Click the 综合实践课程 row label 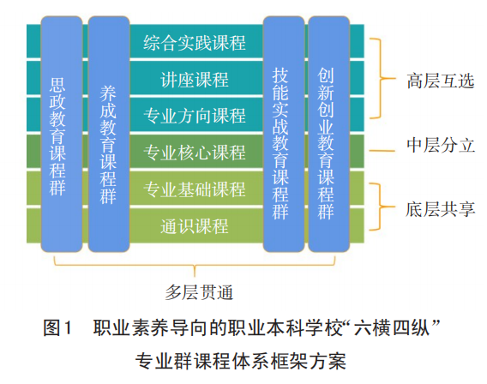coord(195,42)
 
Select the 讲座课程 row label coord(195,80)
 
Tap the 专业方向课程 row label coord(195,116)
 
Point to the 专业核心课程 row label coord(195,153)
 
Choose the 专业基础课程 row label coord(195,189)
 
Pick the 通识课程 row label coord(195,226)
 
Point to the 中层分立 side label coord(440,145)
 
